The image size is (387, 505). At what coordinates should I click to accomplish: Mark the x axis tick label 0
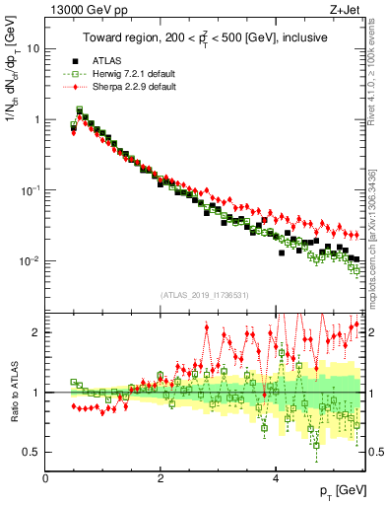tap(46, 478)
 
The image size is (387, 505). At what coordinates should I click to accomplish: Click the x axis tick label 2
tap(161, 478)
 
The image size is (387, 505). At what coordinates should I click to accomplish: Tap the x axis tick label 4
tap(277, 478)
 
